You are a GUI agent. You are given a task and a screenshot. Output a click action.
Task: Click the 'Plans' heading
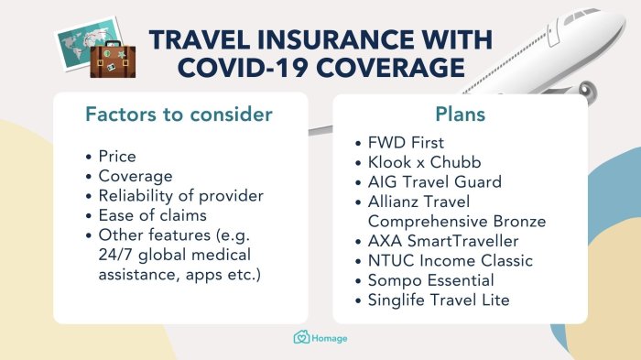click(x=459, y=115)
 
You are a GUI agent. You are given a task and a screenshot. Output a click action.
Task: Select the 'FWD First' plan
click(x=406, y=143)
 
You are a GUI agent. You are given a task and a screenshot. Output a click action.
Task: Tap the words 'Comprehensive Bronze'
click(x=456, y=221)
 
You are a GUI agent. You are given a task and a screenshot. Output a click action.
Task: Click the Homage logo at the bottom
click(x=320, y=338)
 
